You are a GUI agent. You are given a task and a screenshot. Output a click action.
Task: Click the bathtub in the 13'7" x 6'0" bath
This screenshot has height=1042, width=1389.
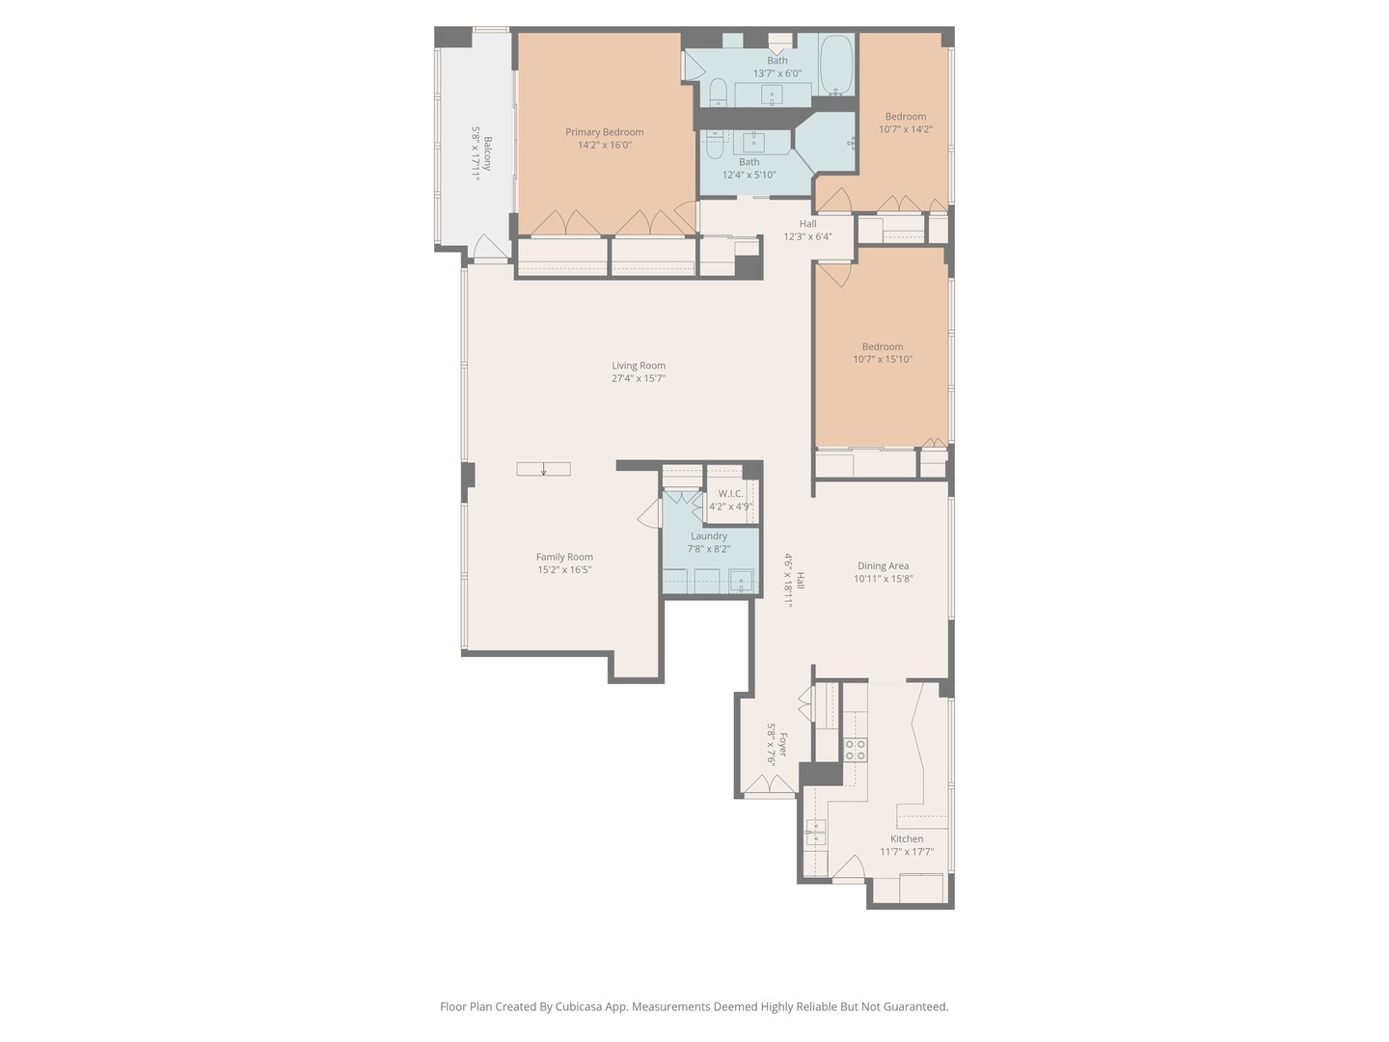[835, 65]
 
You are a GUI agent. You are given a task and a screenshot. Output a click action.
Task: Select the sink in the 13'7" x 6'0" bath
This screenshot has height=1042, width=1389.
[772, 95]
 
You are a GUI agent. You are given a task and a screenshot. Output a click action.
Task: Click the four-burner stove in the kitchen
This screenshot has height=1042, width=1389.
[855, 750]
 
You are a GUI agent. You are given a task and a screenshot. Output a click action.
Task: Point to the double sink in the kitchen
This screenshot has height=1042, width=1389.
[816, 832]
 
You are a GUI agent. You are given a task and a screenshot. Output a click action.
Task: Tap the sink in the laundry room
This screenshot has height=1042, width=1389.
[740, 582]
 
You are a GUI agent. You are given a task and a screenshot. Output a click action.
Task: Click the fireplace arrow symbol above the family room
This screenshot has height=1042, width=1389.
[543, 470]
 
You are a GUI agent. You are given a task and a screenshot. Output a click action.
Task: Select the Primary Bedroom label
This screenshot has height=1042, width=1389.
[604, 132]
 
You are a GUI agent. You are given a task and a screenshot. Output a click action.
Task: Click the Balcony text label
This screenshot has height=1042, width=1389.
[487, 153]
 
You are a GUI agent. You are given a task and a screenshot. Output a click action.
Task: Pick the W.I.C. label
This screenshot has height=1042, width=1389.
[730, 494]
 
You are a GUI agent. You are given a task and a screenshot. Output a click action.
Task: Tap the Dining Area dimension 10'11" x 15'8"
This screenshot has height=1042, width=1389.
[883, 579]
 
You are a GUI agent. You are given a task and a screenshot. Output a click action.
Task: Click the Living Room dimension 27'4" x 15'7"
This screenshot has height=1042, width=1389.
[639, 378]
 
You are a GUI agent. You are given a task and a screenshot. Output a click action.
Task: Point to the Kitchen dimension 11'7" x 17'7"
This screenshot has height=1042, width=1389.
[907, 852]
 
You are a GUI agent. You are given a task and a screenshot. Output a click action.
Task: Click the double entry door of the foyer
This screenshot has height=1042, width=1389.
[770, 786]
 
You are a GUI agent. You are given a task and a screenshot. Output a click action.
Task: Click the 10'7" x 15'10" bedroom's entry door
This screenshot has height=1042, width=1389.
[834, 274]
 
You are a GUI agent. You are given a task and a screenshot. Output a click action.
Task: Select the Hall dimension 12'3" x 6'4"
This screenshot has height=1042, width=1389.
[807, 236]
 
